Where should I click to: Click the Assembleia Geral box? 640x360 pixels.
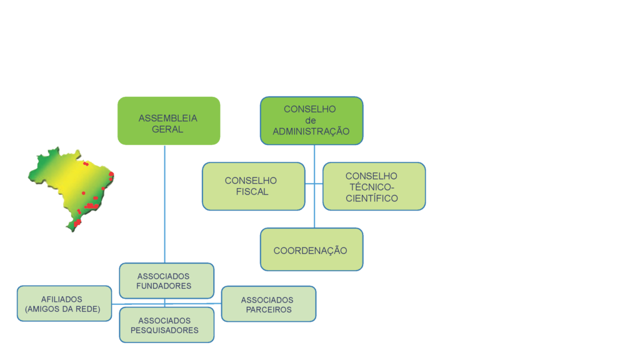click(169, 121)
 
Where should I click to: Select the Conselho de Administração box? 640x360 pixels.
click(311, 121)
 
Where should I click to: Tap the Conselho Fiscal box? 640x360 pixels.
click(253, 186)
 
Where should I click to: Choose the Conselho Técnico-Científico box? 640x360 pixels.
click(374, 186)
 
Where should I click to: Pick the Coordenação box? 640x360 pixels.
click(311, 249)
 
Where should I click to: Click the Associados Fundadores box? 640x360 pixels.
click(166, 281)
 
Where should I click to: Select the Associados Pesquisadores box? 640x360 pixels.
click(166, 325)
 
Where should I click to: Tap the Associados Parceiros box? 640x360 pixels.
click(269, 304)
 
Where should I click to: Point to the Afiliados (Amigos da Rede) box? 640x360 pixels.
click(63, 304)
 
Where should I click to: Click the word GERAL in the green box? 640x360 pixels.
click(168, 129)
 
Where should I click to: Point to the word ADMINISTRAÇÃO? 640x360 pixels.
click(311, 131)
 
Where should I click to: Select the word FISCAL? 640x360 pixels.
click(252, 192)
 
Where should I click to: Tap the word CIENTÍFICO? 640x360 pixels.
click(372, 198)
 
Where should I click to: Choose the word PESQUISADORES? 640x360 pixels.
click(165, 331)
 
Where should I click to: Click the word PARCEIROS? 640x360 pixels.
click(269, 309)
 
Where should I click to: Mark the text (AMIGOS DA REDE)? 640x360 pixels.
click(62, 309)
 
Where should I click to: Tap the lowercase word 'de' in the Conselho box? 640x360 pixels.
click(311, 120)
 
